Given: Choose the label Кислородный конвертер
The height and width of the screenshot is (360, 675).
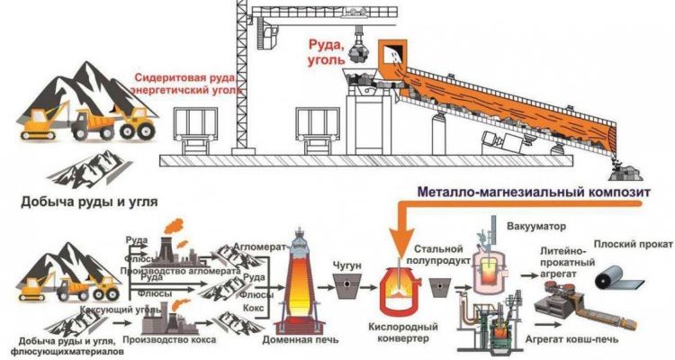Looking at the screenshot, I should tap(403, 331).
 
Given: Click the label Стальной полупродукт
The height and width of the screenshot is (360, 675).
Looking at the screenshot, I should tap(439, 254).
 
